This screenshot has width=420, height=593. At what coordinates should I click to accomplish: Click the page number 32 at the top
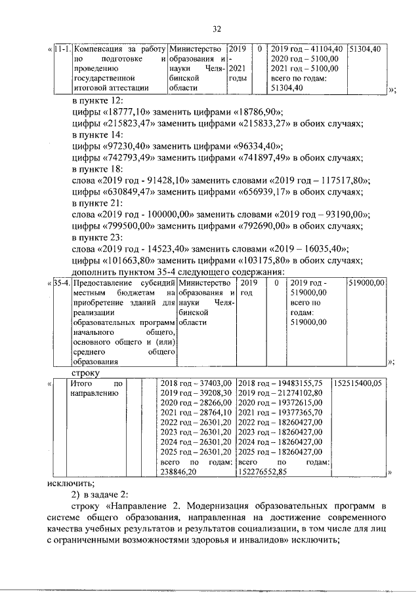pyautogui.click(x=218, y=29)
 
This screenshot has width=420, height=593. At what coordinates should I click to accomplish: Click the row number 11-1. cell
pyautogui.click(x=63, y=49)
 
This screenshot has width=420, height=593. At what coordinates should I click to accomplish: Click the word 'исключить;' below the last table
pyautogui.click(x=70, y=484)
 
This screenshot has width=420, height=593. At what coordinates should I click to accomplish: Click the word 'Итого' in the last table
pyautogui.click(x=81, y=383)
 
